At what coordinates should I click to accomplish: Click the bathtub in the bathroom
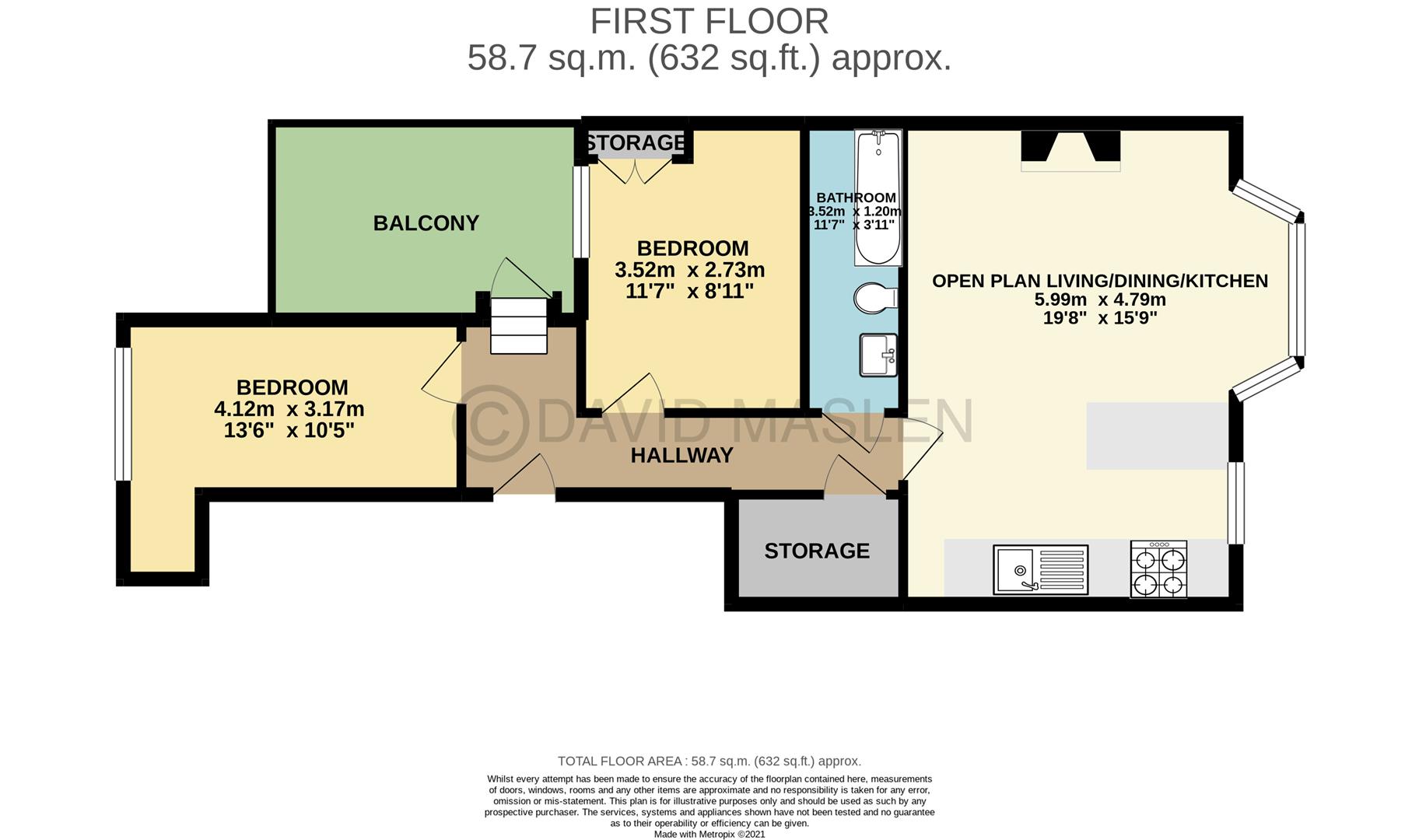[x=878, y=198]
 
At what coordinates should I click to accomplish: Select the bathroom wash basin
[x=878, y=355]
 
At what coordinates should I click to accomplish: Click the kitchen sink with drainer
[x=1040, y=569]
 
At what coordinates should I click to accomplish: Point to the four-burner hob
[x=1158, y=570]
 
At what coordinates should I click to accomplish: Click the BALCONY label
[x=426, y=223]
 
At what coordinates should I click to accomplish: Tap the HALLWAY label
[x=681, y=456]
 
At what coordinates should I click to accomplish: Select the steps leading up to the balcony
[x=519, y=325]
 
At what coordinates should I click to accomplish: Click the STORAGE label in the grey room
[x=817, y=551]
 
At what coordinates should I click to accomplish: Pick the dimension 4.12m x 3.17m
[x=289, y=409]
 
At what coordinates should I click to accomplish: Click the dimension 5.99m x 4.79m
[x=1099, y=300]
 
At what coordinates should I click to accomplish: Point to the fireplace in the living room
[x=1070, y=150]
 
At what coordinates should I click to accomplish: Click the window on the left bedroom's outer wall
[x=123, y=414]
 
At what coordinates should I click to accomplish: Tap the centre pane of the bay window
[x=1297, y=290]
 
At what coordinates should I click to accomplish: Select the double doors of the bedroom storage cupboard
[x=636, y=172]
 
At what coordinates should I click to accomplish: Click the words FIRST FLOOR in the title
[x=709, y=21]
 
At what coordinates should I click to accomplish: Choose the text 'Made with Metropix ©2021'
[x=709, y=834]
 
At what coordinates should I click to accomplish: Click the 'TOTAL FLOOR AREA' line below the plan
[x=709, y=761]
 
